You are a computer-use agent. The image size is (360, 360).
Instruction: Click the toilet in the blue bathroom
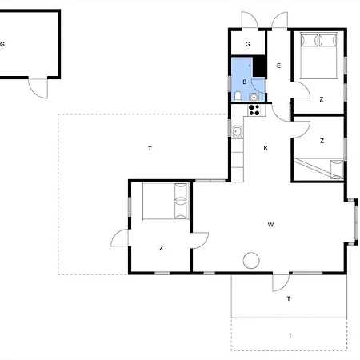click(238, 97)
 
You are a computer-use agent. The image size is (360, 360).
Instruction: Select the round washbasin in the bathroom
click(254, 97)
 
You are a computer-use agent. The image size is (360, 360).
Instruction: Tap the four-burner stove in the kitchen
click(254, 110)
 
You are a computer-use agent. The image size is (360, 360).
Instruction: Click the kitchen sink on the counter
click(237, 131)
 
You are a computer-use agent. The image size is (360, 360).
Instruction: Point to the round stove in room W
click(251, 261)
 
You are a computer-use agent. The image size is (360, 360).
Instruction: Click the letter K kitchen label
click(266, 148)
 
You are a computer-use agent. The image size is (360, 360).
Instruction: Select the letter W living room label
click(270, 225)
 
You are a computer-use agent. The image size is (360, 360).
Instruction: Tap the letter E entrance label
click(279, 66)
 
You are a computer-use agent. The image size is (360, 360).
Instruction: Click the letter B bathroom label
click(245, 82)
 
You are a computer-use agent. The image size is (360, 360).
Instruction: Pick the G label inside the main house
click(248, 44)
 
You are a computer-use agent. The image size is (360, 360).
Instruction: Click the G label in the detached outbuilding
click(2, 44)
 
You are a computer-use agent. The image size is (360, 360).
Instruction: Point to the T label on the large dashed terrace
click(150, 149)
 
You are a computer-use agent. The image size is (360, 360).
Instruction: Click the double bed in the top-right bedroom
click(318, 55)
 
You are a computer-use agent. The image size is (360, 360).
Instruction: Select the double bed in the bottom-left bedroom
click(166, 201)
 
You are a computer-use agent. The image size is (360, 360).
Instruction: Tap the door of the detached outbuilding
click(38, 88)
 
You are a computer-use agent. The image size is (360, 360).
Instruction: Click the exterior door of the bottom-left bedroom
click(120, 238)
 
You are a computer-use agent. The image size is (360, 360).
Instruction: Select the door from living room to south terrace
click(281, 282)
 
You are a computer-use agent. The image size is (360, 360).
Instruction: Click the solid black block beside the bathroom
click(259, 66)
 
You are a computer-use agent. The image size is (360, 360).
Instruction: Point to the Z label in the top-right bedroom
click(322, 99)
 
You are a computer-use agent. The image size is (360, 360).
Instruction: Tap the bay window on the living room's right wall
click(356, 222)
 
